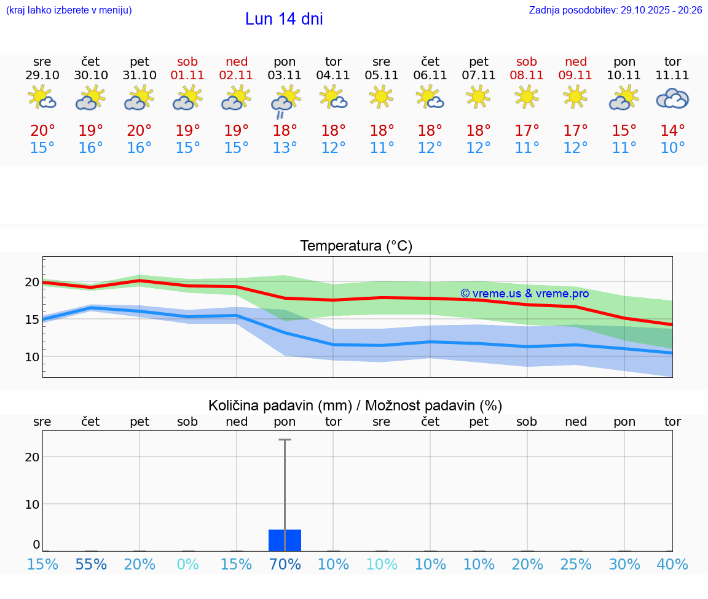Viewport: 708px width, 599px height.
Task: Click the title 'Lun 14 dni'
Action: tap(284, 19)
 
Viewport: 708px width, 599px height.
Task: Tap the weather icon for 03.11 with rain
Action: tap(285, 101)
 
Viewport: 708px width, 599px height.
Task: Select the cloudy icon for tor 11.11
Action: tap(672, 98)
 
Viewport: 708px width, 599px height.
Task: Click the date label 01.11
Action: tap(187, 76)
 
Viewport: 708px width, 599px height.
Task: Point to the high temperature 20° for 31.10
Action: tap(140, 131)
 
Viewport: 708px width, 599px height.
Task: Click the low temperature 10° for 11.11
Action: tap(672, 148)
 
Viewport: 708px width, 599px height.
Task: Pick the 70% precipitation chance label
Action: tap(285, 564)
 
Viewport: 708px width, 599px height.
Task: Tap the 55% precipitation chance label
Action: tap(91, 564)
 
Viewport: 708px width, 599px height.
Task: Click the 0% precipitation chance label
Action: tap(187, 564)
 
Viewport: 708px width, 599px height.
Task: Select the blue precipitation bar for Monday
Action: tap(285, 540)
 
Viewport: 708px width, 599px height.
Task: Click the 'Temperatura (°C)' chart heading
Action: tap(356, 246)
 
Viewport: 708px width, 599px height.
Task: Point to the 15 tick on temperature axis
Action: tap(32, 319)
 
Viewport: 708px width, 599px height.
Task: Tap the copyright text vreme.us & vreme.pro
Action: tap(524, 294)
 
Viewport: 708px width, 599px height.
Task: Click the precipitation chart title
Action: tap(355, 405)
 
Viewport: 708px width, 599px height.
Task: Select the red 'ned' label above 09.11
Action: tap(576, 61)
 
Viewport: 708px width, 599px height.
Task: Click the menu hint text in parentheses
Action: tap(69, 10)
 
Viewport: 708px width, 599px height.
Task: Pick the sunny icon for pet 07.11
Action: tap(478, 96)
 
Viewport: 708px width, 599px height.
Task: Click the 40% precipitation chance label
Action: tap(672, 564)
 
